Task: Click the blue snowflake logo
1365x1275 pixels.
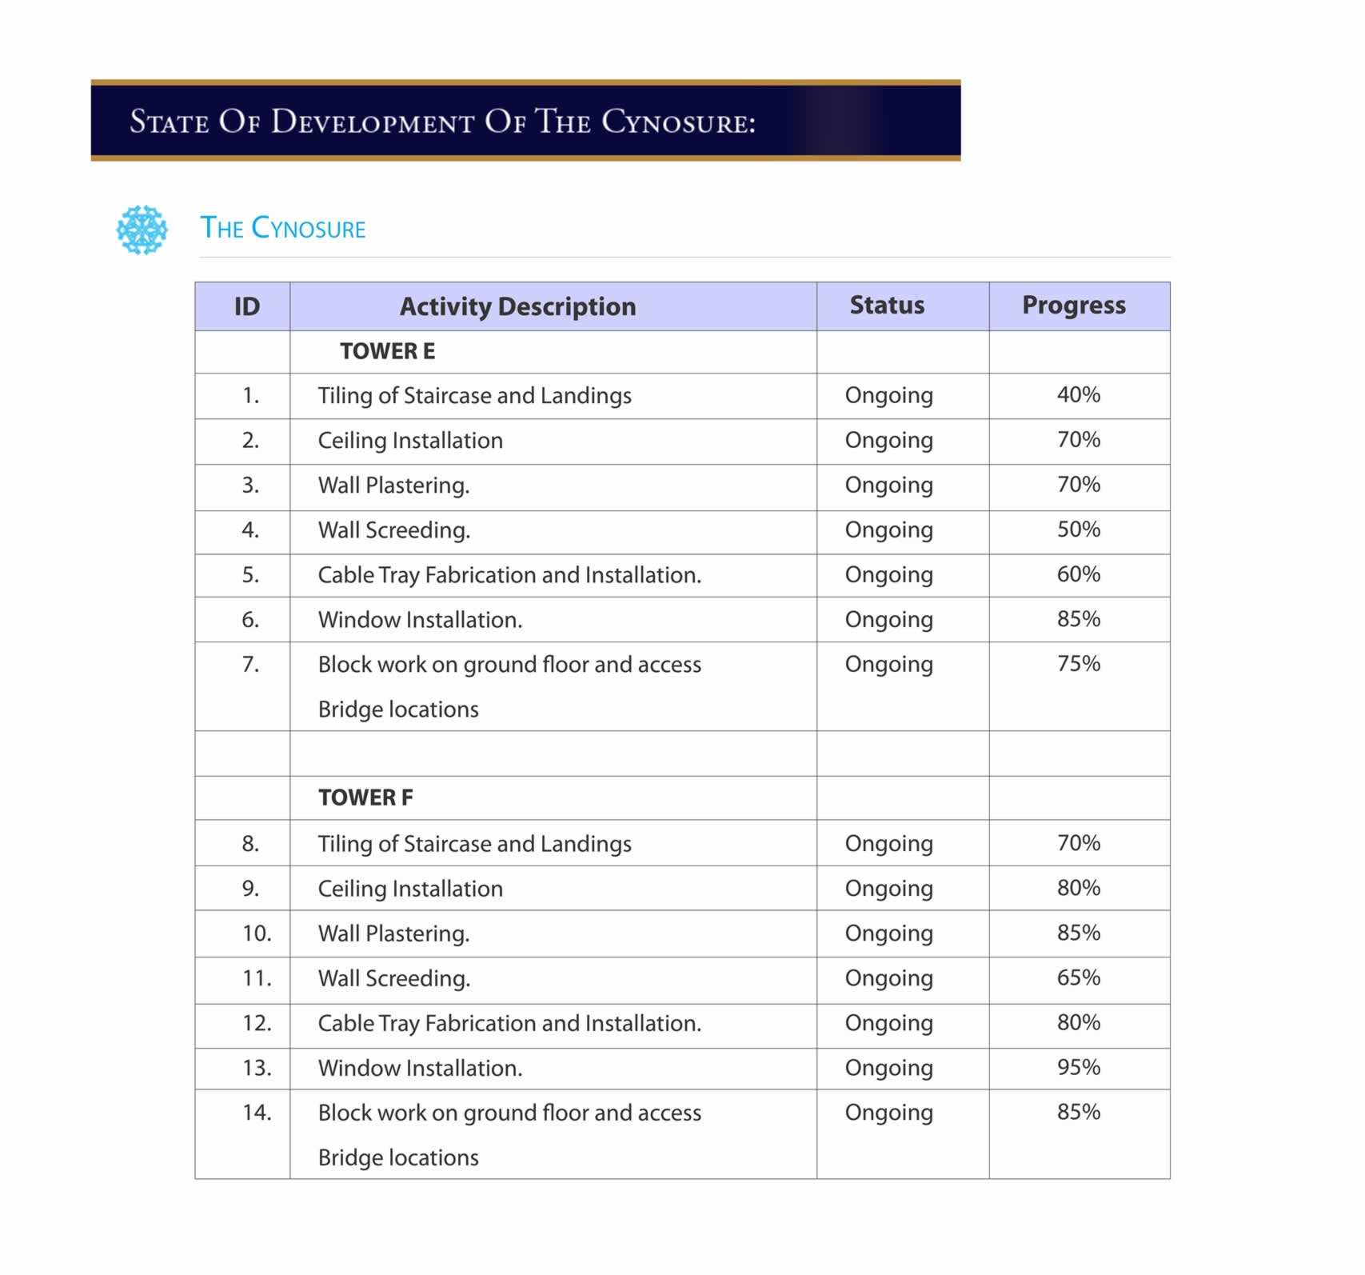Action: (142, 230)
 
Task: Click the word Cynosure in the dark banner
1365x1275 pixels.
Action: (677, 122)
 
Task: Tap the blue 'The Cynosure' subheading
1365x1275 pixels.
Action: (282, 229)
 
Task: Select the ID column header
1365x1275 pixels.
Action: (246, 306)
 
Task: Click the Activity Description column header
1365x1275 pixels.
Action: (517, 306)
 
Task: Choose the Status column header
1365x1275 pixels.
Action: (887, 306)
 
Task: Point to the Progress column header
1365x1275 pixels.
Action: (1073, 306)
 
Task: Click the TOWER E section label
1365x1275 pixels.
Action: (387, 352)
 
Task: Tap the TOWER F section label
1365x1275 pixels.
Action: (365, 798)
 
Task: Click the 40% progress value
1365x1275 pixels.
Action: (1078, 395)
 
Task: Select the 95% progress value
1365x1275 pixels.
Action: (1078, 1068)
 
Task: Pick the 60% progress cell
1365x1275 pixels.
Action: (1078, 574)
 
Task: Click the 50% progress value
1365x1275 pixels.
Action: (1078, 530)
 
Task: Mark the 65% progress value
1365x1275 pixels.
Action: (1078, 978)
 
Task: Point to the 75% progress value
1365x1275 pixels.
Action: (1078, 664)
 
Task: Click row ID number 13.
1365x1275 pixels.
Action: (257, 1069)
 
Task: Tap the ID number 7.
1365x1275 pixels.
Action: (250, 665)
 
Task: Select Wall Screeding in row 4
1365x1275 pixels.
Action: (393, 530)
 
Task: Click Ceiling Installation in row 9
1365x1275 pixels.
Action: (410, 889)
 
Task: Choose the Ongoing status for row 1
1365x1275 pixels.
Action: (888, 396)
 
